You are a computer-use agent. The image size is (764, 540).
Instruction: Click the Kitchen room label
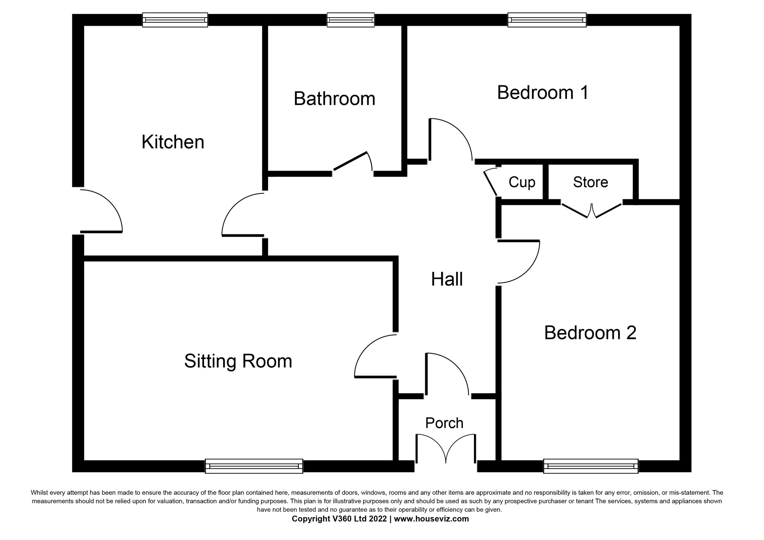click(173, 142)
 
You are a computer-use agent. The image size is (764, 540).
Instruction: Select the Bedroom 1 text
click(543, 93)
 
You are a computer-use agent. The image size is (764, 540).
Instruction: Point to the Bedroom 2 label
click(590, 333)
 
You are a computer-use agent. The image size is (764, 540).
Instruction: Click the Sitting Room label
click(238, 361)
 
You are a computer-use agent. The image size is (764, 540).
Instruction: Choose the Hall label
click(447, 279)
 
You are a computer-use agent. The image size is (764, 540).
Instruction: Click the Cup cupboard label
click(521, 182)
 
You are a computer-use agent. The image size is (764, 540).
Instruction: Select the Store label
click(590, 182)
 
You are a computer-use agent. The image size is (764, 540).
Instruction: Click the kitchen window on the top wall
click(175, 20)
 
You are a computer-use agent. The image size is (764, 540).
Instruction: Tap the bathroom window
click(350, 20)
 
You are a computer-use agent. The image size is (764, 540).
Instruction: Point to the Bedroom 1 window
click(546, 20)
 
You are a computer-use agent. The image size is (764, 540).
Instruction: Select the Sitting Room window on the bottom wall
click(254, 466)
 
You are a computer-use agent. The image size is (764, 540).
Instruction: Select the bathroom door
click(353, 163)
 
